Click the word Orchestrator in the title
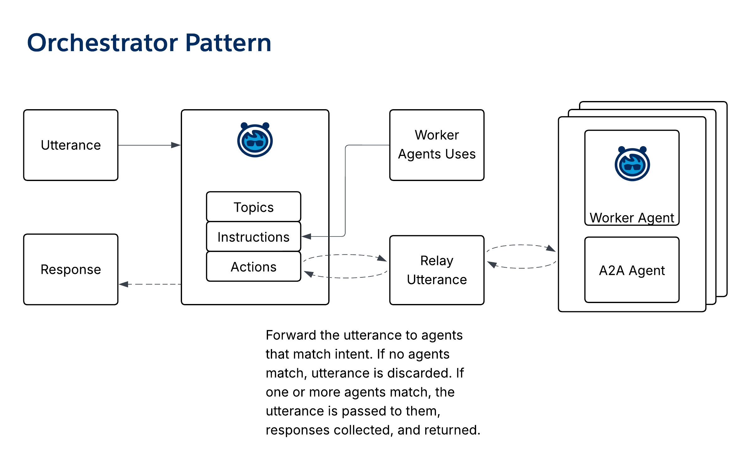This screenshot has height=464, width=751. (103, 43)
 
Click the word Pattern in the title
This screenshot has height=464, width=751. (228, 43)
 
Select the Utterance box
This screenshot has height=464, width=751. (71, 145)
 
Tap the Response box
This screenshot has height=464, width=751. (71, 269)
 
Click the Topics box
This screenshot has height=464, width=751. (254, 207)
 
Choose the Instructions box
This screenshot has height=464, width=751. (254, 237)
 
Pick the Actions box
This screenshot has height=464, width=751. (254, 267)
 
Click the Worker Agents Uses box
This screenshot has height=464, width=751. (437, 145)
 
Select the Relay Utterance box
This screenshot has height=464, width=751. (437, 270)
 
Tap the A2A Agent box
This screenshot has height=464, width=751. (632, 270)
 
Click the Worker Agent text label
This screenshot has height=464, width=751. (632, 218)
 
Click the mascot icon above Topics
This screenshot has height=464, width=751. (255, 140)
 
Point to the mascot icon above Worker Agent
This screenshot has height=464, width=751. (632, 164)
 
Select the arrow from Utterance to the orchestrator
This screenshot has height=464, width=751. (149, 145)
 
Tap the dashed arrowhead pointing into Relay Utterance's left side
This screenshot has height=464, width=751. (382, 259)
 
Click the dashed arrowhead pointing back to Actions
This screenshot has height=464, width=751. (309, 274)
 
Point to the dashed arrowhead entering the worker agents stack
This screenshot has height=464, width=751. (551, 248)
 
